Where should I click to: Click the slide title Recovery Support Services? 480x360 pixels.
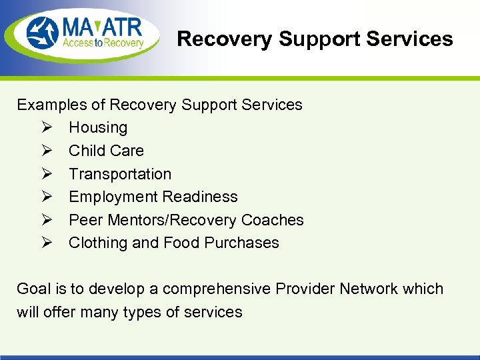tap(315, 39)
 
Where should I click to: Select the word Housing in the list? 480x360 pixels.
tap(98, 127)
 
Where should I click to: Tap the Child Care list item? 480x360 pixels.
tap(106, 151)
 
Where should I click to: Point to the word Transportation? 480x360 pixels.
tap(120, 174)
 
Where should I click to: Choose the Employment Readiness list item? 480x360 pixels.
tap(153, 197)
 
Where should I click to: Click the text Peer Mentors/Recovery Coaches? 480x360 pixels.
tap(186, 220)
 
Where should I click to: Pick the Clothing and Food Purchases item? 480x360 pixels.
tap(174, 243)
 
